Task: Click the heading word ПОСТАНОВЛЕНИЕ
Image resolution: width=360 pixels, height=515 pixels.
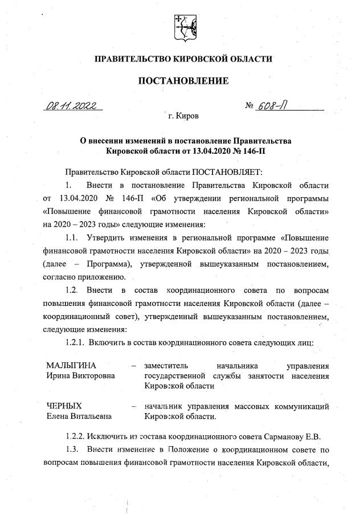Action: (x=183, y=81)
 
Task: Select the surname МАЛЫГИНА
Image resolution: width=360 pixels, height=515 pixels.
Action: (x=71, y=365)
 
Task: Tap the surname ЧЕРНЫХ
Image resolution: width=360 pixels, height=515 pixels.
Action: (x=64, y=406)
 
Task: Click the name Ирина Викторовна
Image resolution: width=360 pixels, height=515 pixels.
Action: (x=80, y=375)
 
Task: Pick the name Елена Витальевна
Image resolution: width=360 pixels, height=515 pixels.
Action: (x=80, y=416)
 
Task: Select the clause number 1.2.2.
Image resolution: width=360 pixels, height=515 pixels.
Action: (x=76, y=437)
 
